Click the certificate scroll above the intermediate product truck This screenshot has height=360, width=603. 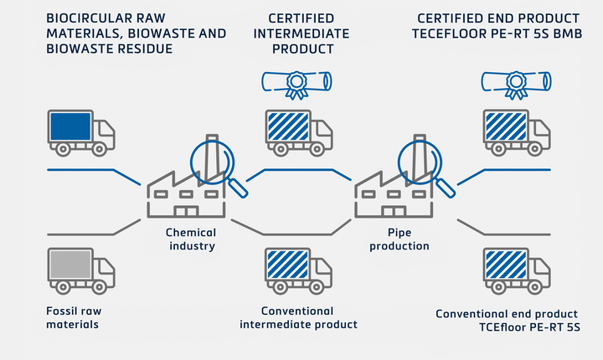(296, 81)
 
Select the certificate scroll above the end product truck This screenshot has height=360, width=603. (516, 81)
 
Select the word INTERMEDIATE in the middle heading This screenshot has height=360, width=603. (300, 33)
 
